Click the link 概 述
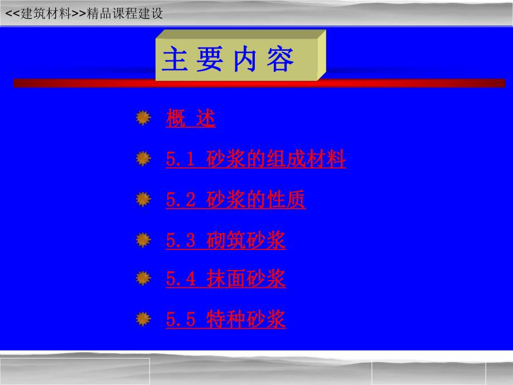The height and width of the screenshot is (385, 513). tap(190, 119)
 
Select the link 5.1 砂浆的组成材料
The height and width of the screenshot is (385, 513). tap(255, 160)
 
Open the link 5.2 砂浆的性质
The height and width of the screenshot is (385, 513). tap(235, 200)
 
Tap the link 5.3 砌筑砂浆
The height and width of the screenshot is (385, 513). tap(225, 240)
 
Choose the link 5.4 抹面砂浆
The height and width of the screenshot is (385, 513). tap(225, 278)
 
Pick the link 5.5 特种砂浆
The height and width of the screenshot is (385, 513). tap(225, 319)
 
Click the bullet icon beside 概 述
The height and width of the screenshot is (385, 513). tap(144, 118)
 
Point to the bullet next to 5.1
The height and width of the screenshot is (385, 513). tap(144, 159)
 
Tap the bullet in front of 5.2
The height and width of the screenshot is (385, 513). tap(144, 199)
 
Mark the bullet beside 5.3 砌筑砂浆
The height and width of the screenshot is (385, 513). tap(144, 240)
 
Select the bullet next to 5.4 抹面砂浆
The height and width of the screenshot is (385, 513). tap(144, 278)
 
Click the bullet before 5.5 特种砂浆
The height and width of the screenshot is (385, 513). tap(144, 319)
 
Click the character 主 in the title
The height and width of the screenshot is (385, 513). tap(174, 60)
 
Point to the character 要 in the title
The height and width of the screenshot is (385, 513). tap(209, 60)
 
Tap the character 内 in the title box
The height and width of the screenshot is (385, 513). tap(244, 60)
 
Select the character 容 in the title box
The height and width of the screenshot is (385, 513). tap(279, 60)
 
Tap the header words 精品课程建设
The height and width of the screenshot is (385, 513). tap(125, 14)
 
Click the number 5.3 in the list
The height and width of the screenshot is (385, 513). tap(181, 241)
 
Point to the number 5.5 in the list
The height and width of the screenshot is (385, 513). tap(181, 320)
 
